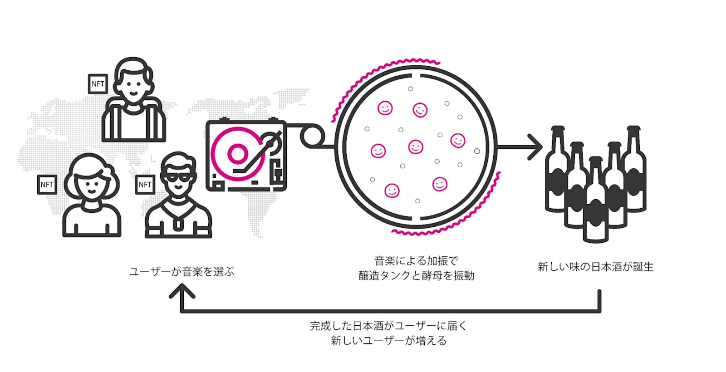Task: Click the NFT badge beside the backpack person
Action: [98, 84]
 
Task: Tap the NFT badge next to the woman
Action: [47, 185]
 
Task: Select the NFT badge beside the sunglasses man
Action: [145, 185]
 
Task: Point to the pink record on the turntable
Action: [237, 153]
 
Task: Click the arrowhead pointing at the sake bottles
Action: [536, 147]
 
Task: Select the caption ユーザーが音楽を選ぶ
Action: [181, 272]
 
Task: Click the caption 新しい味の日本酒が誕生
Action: [595, 267]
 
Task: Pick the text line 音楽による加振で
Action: [416, 261]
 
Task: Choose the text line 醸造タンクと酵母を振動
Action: [416, 276]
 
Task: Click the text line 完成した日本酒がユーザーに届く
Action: [388, 326]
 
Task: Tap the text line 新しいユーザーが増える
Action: [388, 341]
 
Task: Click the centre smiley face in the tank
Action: [416, 147]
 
